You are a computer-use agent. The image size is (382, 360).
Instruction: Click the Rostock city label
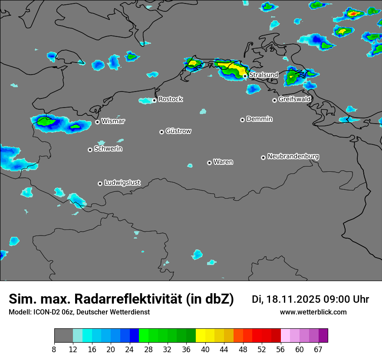pos(170,99)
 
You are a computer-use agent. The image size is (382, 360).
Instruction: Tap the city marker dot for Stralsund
pos(245,76)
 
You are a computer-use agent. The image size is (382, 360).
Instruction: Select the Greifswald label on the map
pos(294,99)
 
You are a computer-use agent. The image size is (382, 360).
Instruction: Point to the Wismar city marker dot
pos(97,122)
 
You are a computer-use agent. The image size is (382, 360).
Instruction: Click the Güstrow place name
pos(178,131)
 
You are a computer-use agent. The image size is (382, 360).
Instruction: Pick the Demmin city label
pos(259,119)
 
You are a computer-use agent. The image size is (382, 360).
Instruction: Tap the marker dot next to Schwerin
pos(90,150)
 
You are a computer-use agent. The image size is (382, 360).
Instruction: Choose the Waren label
pos(223,162)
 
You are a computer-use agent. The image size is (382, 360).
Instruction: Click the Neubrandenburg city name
pos(293,156)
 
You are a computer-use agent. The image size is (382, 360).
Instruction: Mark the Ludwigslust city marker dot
pos(100,183)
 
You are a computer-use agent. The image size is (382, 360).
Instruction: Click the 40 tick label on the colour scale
pos(205,349)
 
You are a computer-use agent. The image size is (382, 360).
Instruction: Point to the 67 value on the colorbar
pos(318,349)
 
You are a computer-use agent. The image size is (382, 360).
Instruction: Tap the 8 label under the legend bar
pos(54,349)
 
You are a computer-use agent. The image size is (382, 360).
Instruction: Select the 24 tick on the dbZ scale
pos(129,349)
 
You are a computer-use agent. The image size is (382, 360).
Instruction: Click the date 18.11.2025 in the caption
pos(294,299)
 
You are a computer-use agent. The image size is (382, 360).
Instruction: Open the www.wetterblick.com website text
pos(313,312)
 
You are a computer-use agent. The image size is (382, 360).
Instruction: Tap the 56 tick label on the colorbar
pos(281,349)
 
